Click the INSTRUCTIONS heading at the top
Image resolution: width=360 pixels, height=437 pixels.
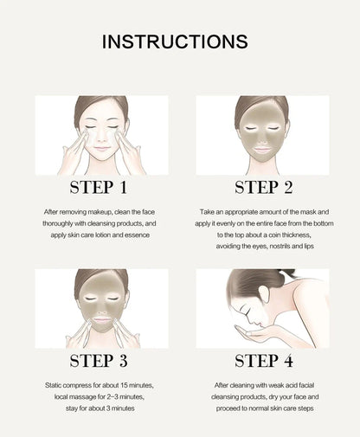pos(175,42)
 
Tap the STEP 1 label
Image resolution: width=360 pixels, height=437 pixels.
pos(99,187)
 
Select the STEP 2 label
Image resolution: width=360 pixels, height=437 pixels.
pos(263,187)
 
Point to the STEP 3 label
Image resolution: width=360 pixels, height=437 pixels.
pos(99,361)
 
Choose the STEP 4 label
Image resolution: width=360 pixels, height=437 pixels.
pos(264,361)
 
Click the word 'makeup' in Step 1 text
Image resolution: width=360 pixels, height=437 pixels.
pos(100,212)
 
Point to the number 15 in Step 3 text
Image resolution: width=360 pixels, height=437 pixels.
pos(124,385)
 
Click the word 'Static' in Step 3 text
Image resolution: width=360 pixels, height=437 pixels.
pos(54,385)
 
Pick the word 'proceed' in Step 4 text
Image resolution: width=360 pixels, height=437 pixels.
pos(228,408)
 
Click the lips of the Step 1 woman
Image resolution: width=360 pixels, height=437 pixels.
pos(102,149)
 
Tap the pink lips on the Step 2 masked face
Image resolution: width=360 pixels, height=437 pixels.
pos(262,150)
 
